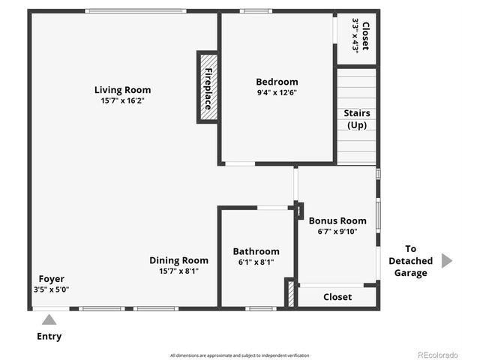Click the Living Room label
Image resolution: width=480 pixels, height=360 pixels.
(x=124, y=90)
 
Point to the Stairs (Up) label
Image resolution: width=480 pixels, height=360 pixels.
(x=357, y=119)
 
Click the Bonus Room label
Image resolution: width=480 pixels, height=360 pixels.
(x=337, y=220)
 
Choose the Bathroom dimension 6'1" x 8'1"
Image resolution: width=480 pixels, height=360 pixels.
(x=256, y=262)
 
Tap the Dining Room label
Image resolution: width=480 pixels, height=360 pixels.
(x=178, y=260)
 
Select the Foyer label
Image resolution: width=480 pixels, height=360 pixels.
(x=51, y=278)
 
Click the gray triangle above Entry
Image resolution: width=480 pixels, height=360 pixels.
(x=49, y=319)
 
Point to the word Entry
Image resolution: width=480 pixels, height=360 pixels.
(x=49, y=337)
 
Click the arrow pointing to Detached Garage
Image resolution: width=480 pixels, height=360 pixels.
(x=447, y=260)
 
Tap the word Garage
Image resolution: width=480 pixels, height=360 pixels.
(x=410, y=273)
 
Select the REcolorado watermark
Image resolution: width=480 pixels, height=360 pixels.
(x=437, y=355)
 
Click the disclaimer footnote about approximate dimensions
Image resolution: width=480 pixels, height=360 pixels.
(x=239, y=355)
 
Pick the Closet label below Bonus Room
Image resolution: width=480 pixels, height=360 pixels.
(x=337, y=297)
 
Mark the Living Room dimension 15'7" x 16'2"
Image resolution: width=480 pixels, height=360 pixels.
(x=124, y=100)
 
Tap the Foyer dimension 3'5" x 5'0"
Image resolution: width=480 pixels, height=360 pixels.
(x=51, y=289)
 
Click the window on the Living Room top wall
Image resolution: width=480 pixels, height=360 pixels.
(x=135, y=11)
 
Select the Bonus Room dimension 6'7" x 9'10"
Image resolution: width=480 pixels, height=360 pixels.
(x=337, y=231)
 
